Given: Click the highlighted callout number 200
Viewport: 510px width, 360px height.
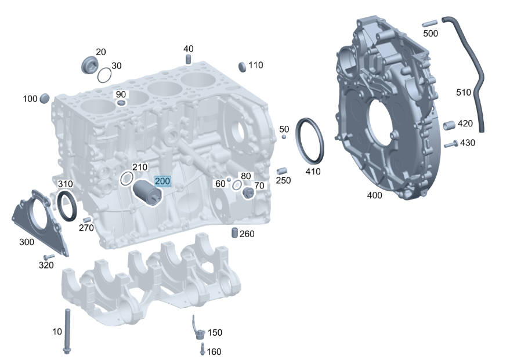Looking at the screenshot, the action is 162,181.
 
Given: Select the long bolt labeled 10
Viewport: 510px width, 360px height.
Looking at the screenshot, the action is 67,331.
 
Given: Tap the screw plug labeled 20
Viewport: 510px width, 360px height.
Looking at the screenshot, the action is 89,65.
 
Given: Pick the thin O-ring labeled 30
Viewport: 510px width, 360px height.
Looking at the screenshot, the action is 104,75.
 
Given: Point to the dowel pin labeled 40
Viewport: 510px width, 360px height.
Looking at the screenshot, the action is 188,60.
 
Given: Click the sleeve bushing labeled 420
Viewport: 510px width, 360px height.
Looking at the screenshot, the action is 449,125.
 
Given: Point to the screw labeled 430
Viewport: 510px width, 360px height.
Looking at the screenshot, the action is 451,144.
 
